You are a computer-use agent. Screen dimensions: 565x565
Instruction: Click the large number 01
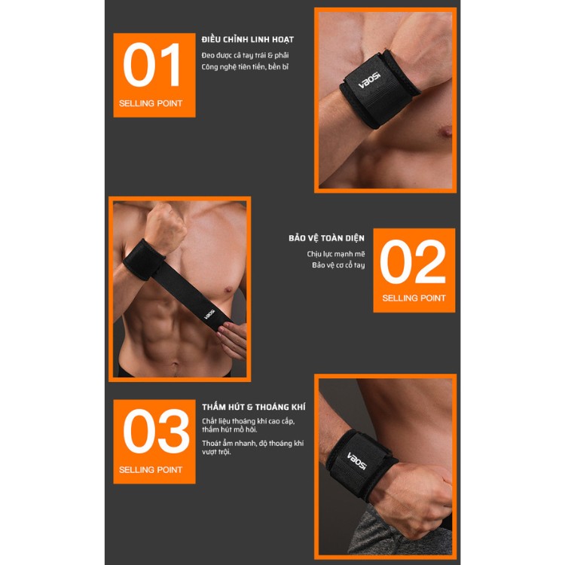point(151,65)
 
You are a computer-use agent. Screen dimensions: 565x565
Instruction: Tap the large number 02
point(413,261)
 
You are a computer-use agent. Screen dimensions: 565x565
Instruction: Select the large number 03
point(156,431)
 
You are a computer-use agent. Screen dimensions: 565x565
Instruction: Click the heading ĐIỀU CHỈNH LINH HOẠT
point(248,39)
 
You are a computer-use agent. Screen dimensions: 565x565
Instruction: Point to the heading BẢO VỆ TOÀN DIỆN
point(326,238)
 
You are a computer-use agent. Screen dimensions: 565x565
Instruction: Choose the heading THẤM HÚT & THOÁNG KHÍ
point(254,407)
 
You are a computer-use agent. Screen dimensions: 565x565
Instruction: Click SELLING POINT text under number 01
point(151,103)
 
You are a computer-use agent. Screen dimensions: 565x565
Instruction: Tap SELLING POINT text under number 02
point(414,298)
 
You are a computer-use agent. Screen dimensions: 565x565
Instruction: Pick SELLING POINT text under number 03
point(151,470)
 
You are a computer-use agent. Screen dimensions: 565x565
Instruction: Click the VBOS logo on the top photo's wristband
point(368,81)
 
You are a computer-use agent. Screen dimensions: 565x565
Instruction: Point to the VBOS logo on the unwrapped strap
point(209,314)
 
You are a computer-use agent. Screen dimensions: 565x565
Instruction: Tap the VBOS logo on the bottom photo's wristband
point(356,461)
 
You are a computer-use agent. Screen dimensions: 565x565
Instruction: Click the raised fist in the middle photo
point(165,226)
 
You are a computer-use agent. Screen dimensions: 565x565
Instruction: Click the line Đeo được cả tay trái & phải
point(245,56)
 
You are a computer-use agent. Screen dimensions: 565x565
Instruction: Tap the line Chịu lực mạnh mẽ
point(336,254)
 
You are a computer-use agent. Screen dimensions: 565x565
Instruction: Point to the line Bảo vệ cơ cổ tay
point(338,265)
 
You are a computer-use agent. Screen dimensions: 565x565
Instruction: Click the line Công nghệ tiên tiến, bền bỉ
point(245,66)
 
